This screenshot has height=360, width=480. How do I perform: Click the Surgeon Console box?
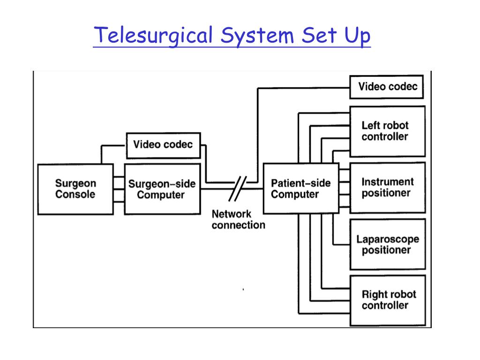[75, 189]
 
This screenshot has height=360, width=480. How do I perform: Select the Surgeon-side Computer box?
[162, 189]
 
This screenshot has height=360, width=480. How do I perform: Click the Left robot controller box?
[387, 131]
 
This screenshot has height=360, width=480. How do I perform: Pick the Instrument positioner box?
[387, 187]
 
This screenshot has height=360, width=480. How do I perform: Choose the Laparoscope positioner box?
[387, 244]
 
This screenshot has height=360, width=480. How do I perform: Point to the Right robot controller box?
[387, 300]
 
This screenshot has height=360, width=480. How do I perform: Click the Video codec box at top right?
[387, 87]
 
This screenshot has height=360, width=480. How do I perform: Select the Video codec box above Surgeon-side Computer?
[163, 144]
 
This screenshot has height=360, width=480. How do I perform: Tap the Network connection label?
[238, 219]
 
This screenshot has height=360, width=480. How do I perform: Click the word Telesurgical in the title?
[152, 36]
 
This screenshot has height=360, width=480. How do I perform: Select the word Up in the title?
[357, 36]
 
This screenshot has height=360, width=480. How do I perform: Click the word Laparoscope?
[388, 239]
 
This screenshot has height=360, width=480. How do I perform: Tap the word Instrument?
[388, 182]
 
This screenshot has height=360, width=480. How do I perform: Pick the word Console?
[75, 195]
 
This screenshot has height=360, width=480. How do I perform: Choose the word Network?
[232, 214]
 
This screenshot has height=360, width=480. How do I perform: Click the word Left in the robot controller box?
[370, 126]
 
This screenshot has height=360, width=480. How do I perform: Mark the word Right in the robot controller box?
[373, 295]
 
